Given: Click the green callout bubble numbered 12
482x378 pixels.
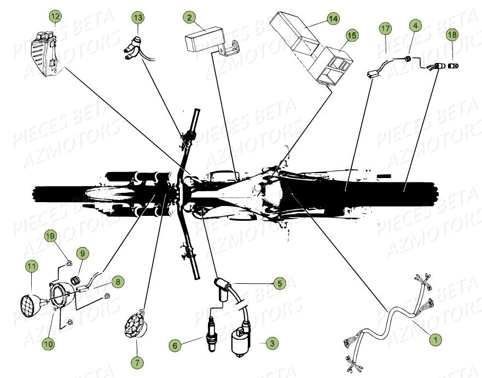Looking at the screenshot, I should tap(55, 16).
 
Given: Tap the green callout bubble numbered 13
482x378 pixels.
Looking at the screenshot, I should tap(138, 18).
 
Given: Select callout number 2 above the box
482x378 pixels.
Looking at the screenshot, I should tap(189, 18).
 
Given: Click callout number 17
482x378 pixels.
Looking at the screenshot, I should tap(385, 27).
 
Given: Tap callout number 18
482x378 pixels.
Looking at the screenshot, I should tap(452, 35).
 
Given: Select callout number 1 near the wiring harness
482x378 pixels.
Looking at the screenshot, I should tap(435, 340).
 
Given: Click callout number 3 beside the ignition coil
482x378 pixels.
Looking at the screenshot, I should tap(271, 343).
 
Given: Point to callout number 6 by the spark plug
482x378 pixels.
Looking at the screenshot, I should tap(175, 346).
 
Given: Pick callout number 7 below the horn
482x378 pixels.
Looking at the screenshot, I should tap(136, 363).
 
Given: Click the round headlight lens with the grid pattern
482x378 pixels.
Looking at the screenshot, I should tap(29, 302).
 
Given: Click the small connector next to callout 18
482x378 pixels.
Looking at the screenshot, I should tap(452, 65).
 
